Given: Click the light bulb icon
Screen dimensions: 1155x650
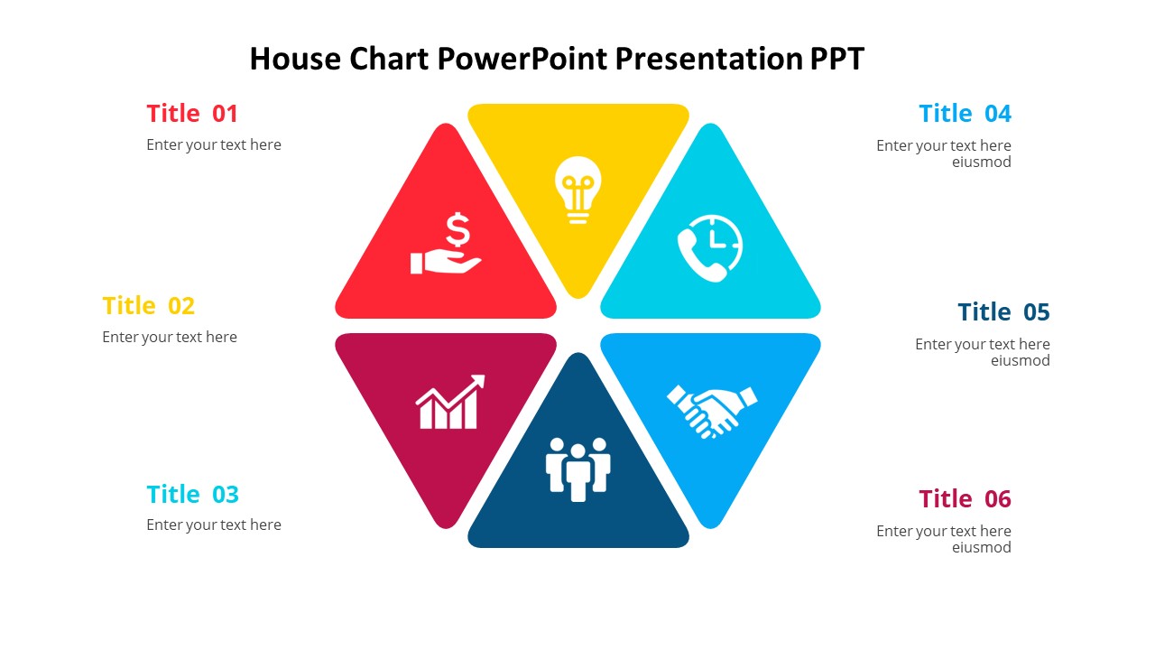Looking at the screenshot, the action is (578, 190).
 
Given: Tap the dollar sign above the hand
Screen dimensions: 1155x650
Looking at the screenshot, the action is (457, 230).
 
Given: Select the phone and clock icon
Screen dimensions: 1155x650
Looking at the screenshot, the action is (710, 248).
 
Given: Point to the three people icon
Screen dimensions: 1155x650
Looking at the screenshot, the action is (578, 469).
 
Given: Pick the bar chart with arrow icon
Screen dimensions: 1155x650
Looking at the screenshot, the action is (450, 402).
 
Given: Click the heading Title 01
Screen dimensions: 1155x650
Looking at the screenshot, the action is (192, 114).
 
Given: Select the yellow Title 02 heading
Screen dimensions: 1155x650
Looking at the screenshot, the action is (149, 305).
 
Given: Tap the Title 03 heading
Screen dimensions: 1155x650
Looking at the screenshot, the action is (193, 494).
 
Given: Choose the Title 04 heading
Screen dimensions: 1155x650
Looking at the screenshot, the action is (965, 114).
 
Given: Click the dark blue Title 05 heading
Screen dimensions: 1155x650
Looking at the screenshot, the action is (1003, 311).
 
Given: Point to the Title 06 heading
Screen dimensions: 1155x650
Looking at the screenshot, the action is (965, 499).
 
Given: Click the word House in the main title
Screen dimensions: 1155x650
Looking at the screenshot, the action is (295, 59).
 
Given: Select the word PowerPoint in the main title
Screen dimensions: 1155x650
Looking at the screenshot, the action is (522, 59).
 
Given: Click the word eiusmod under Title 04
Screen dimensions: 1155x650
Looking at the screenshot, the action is (981, 162).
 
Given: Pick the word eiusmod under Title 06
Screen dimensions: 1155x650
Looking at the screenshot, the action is (981, 547).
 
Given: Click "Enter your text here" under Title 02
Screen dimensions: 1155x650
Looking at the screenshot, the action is (170, 337).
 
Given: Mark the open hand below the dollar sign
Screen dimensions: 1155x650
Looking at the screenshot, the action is (446, 262).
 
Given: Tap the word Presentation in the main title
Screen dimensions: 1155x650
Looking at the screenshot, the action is (708, 59).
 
